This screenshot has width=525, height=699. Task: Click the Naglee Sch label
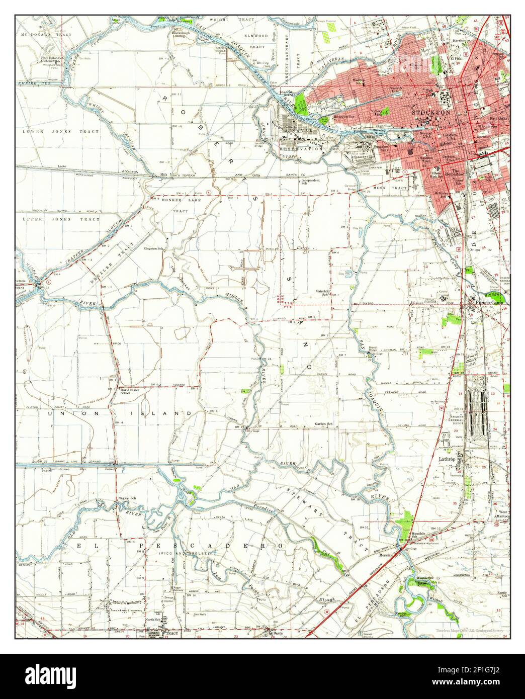(127, 498)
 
